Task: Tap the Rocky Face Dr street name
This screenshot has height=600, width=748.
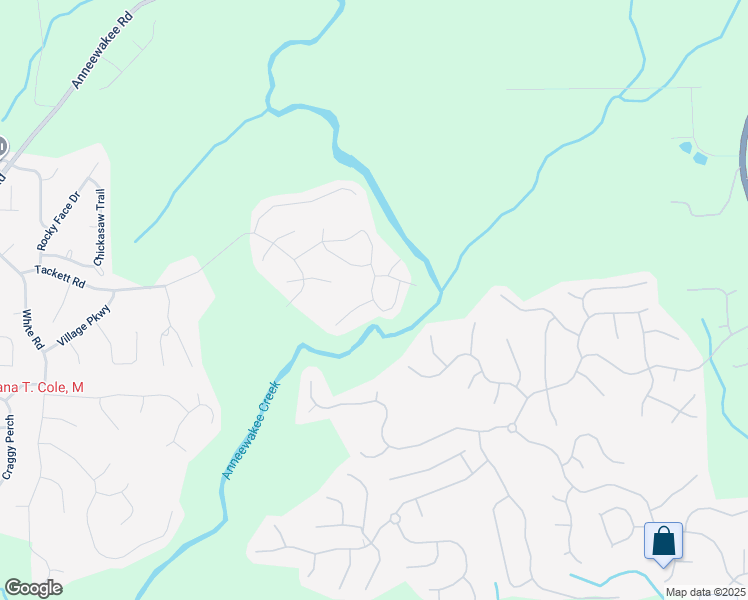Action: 56,221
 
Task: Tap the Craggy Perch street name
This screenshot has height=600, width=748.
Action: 7,447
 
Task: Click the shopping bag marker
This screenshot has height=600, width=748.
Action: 663,542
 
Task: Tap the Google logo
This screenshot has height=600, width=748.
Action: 33,588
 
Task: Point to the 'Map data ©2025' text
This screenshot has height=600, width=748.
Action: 705,592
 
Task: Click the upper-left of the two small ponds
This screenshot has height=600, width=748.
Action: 684,147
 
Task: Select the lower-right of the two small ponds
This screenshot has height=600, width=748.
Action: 700,158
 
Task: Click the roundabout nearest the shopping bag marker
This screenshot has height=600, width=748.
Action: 511,428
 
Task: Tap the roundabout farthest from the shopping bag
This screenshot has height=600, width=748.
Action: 395,519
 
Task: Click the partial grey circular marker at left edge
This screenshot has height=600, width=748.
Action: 2,145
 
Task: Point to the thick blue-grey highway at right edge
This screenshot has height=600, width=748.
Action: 743,160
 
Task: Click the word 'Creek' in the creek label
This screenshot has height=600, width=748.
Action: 268,400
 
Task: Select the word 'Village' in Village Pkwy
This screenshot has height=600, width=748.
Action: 72,334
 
